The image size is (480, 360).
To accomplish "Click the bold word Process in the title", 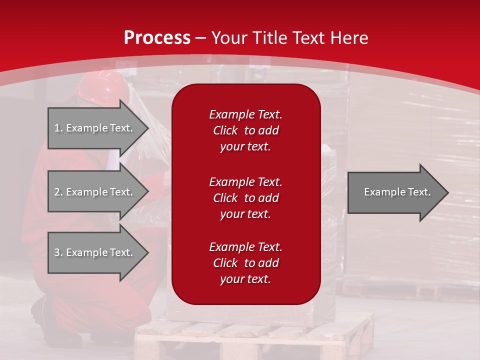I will point(157,38).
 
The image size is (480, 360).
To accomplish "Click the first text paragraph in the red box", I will point(245,130).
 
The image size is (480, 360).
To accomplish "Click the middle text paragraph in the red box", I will point(245,198).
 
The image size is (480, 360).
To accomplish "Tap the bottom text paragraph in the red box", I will point(245,263).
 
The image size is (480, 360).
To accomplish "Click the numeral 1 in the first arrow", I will point(57,128).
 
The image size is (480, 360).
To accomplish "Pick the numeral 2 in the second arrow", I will point(57,192).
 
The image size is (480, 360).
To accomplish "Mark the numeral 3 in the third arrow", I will point(57,252).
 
